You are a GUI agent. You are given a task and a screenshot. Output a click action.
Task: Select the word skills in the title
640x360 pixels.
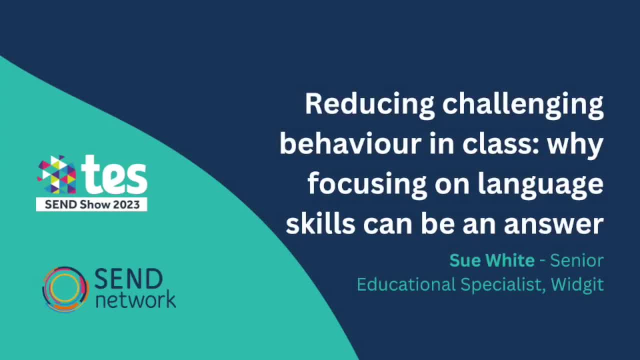tap(320, 224)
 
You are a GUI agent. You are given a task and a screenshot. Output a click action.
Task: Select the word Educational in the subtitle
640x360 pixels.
tap(406, 284)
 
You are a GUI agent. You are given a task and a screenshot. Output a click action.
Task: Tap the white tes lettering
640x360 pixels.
tap(115, 175)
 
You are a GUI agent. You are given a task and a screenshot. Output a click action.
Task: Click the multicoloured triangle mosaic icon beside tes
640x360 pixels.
tap(57, 175)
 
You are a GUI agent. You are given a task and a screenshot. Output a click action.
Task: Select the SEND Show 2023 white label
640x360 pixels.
tap(91, 204)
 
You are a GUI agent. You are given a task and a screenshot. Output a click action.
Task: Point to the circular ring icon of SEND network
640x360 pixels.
tap(65, 289)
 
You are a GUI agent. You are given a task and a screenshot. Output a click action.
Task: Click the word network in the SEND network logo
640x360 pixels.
tap(135, 300)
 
